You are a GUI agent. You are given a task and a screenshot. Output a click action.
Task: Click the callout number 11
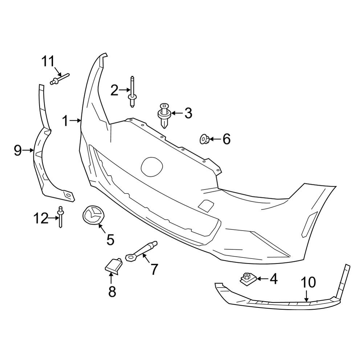[47, 62]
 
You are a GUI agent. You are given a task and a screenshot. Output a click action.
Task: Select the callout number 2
[114, 90]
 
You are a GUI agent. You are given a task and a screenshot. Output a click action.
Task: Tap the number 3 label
[188, 113]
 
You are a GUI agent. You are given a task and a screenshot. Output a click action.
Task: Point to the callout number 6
[226, 139]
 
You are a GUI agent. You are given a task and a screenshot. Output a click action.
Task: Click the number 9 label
[18, 150]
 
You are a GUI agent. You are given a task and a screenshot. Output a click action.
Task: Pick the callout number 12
[41, 218]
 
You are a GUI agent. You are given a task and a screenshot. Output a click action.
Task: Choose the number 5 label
[110, 239]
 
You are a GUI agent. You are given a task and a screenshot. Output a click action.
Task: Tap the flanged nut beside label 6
[204, 139]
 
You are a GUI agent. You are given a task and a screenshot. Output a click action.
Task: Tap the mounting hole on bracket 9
[67, 196]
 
